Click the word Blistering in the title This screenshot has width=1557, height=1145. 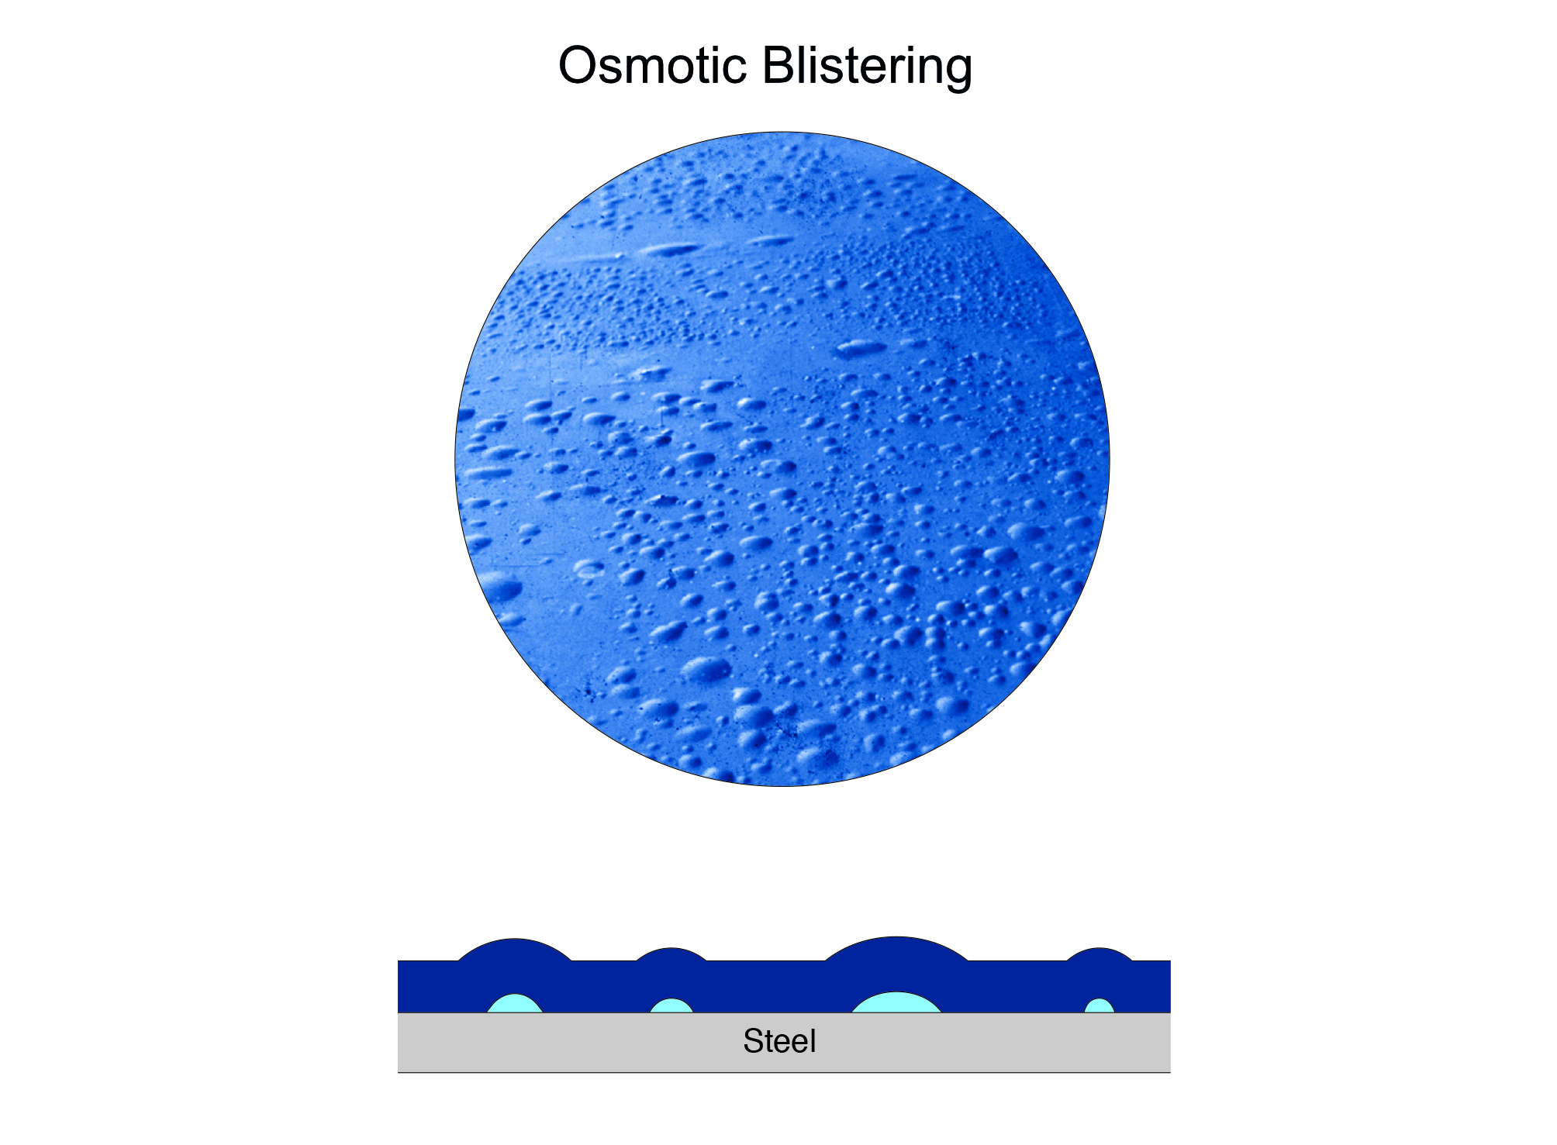867,68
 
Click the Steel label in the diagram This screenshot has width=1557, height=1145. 779,1041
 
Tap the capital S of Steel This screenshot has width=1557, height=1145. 753,1041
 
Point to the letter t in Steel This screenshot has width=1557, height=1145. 771,1043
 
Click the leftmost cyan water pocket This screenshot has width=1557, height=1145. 515,1005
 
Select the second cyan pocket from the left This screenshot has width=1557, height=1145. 671,1007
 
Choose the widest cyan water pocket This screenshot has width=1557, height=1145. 896,1004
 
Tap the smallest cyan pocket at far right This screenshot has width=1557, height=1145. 1100,1007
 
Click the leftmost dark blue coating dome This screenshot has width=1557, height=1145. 515,950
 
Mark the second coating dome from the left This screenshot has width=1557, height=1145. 671,954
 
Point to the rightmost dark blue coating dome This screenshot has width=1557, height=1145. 1100,954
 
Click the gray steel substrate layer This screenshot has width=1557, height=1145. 930,1043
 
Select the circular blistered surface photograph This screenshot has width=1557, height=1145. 782,459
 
